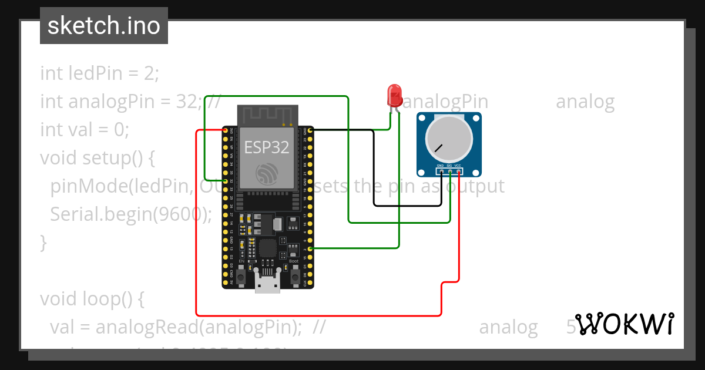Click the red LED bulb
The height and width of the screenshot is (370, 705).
[x=394, y=95]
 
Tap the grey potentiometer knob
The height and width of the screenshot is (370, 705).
[x=449, y=139]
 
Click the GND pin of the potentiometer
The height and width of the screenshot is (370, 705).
[x=441, y=171]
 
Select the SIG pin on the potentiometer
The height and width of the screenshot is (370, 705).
[x=449, y=171]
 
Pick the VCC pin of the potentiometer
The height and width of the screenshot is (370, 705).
[x=458, y=171]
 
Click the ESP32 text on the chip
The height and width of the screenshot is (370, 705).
[x=267, y=147]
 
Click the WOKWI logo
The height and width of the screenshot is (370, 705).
[x=624, y=324]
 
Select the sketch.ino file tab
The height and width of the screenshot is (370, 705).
[x=104, y=26]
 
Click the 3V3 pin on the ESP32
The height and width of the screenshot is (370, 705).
[x=225, y=130]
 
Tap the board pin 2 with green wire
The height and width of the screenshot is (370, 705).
[x=310, y=248]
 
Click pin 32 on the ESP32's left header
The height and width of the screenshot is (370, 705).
[x=225, y=180]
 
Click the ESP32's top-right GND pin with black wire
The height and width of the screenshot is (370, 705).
[x=310, y=130]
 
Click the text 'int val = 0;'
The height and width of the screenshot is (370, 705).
[x=85, y=129]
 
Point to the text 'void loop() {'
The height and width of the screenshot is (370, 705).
[x=92, y=299]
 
